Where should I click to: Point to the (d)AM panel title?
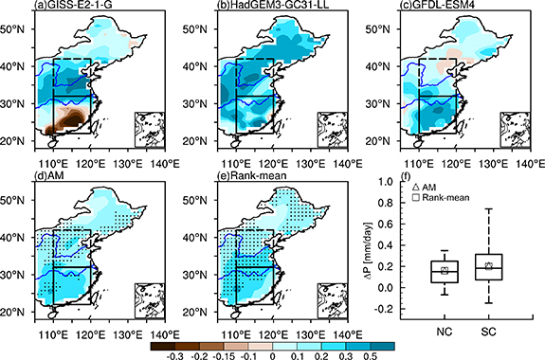click(x=44, y=178)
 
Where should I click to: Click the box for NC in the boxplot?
click(x=443, y=271)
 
